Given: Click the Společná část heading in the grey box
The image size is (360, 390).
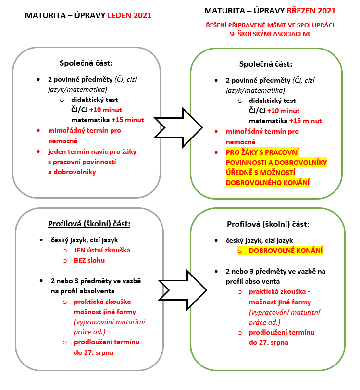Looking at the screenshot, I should pos(86,63).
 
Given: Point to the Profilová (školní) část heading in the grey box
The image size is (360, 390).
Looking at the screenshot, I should pos(89,224).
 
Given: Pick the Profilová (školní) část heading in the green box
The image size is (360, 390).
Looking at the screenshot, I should pos(268,224).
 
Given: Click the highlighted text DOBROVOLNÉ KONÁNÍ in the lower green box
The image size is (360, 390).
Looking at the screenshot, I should pos(286,251).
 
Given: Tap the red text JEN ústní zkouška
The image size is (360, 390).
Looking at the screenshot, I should pos(102,250).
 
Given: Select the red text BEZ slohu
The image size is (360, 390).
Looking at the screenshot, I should pos(89,260).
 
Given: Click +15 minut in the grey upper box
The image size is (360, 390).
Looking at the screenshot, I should pos(131,120).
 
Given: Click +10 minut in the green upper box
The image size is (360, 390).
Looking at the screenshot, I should pos(298,111).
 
